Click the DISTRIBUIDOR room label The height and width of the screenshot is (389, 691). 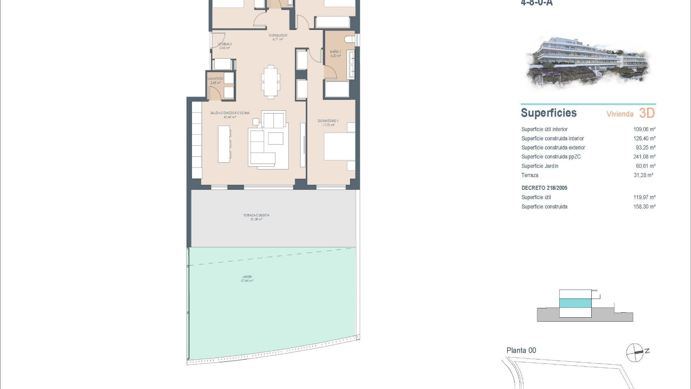[x=277, y=36]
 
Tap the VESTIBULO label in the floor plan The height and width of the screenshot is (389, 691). [x=225, y=44]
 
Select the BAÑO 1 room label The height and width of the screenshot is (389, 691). [x=335, y=52]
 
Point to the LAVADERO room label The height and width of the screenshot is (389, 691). [x=215, y=79]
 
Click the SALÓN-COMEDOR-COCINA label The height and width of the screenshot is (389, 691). [x=230, y=113]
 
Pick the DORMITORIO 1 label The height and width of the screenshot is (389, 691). [x=328, y=121]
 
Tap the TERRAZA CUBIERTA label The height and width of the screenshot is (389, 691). [x=256, y=215]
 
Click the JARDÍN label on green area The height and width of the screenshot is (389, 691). [x=247, y=277]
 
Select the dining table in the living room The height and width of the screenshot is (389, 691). [x=270, y=82]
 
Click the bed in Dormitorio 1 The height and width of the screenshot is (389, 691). [x=339, y=147]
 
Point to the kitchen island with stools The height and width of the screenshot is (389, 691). [x=224, y=143]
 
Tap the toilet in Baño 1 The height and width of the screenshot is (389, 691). [x=349, y=39]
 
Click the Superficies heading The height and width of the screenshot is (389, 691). [x=548, y=113]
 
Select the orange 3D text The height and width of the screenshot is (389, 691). [x=647, y=113]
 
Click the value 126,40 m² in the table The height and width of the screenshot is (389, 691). [x=644, y=138]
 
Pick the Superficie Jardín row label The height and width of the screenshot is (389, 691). [x=540, y=166]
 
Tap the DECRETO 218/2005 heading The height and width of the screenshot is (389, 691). [x=544, y=188]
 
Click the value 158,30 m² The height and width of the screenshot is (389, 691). [x=644, y=207]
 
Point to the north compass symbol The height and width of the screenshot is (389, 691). [x=635, y=352]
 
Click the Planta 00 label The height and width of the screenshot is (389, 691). [x=521, y=350]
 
